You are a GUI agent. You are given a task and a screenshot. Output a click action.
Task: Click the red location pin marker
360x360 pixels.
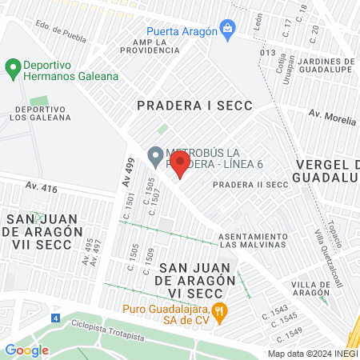click(x=180, y=166)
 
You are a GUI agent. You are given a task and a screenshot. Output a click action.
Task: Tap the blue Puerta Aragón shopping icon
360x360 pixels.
click(x=228, y=31)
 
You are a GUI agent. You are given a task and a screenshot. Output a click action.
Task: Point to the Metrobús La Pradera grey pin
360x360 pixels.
click(x=155, y=154)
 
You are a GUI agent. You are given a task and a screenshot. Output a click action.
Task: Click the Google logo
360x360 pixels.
click(x=26, y=350)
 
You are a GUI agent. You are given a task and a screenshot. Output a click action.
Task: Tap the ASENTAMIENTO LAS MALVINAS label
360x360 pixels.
click(x=253, y=240)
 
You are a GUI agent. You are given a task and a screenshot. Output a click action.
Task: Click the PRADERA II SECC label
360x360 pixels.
click(x=250, y=185)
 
